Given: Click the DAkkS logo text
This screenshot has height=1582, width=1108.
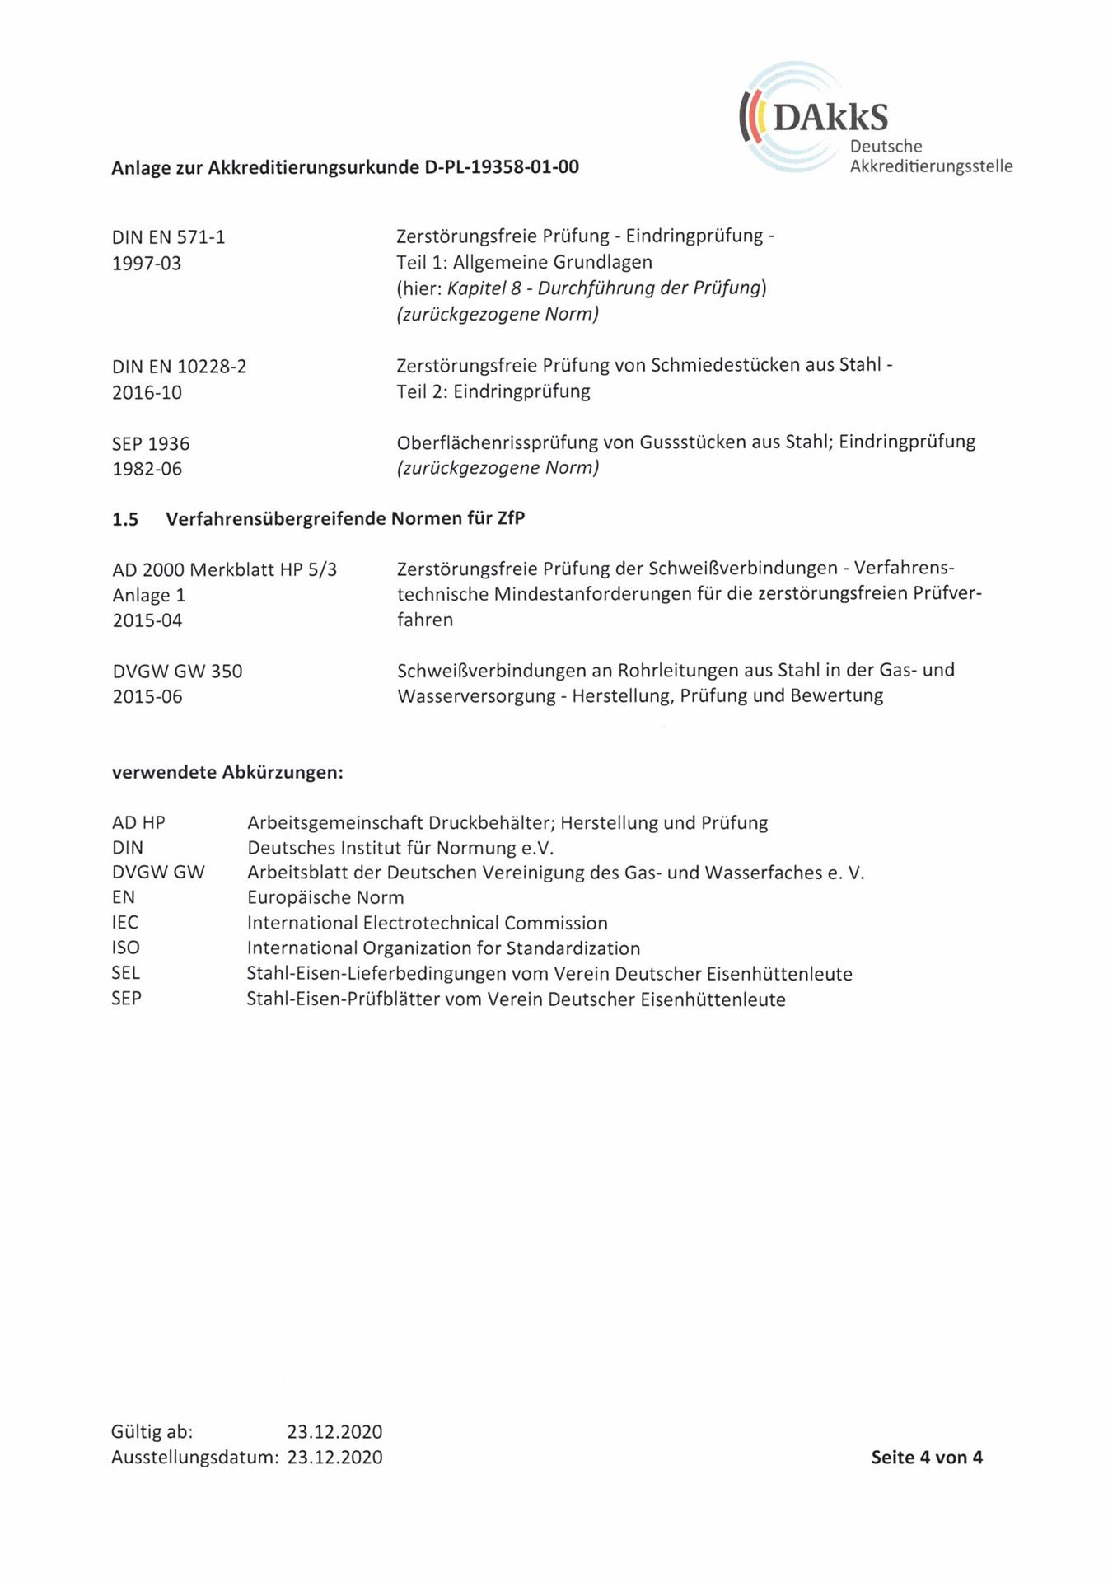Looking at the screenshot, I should [830, 118].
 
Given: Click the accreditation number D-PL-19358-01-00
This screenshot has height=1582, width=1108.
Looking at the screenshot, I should [502, 167].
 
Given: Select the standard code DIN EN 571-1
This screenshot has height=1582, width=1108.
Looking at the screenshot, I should [168, 237].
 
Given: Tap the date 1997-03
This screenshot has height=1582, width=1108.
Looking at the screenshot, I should [147, 264].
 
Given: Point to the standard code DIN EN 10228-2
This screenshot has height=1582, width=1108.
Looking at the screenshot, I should [179, 366].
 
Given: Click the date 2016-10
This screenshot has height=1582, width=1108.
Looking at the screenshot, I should [147, 392].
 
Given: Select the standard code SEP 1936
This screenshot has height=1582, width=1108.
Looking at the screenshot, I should [151, 443].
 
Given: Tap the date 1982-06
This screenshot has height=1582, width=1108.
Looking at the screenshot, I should [147, 469].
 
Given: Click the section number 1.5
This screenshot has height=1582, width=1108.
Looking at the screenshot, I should [125, 519].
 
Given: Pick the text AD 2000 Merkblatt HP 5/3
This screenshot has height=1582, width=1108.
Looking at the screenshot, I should [224, 569].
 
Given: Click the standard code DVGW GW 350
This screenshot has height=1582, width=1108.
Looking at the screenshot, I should [177, 671].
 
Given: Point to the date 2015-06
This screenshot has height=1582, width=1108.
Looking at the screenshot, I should [147, 696].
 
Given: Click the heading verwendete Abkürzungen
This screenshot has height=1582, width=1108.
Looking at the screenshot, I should [227, 773].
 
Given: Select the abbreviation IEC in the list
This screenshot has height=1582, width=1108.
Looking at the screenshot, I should [125, 923].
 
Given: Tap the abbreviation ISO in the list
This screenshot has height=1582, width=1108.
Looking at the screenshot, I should [126, 948].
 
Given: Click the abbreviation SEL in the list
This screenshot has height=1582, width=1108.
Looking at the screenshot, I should [126, 973].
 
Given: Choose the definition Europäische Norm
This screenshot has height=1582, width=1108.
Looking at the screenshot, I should [325, 897].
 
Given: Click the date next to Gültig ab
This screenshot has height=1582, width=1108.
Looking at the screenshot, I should [334, 1431].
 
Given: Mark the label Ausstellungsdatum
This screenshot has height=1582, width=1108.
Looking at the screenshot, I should [194, 1457].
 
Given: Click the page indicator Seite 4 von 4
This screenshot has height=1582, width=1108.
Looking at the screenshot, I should [926, 1457].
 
